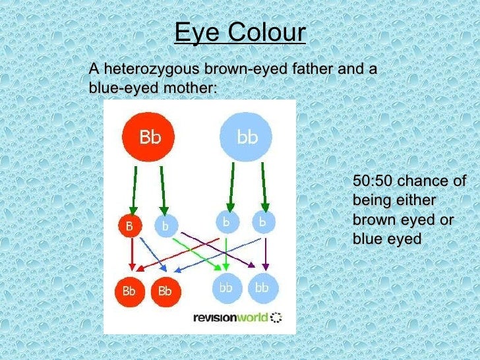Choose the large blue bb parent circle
point(246,137)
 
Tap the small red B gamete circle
point(129,225)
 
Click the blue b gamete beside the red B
point(165,225)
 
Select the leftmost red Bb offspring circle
point(129,291)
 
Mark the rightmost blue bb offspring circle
point(262,288)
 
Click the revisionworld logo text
point(231,318)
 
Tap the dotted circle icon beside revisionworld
point(276,318)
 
